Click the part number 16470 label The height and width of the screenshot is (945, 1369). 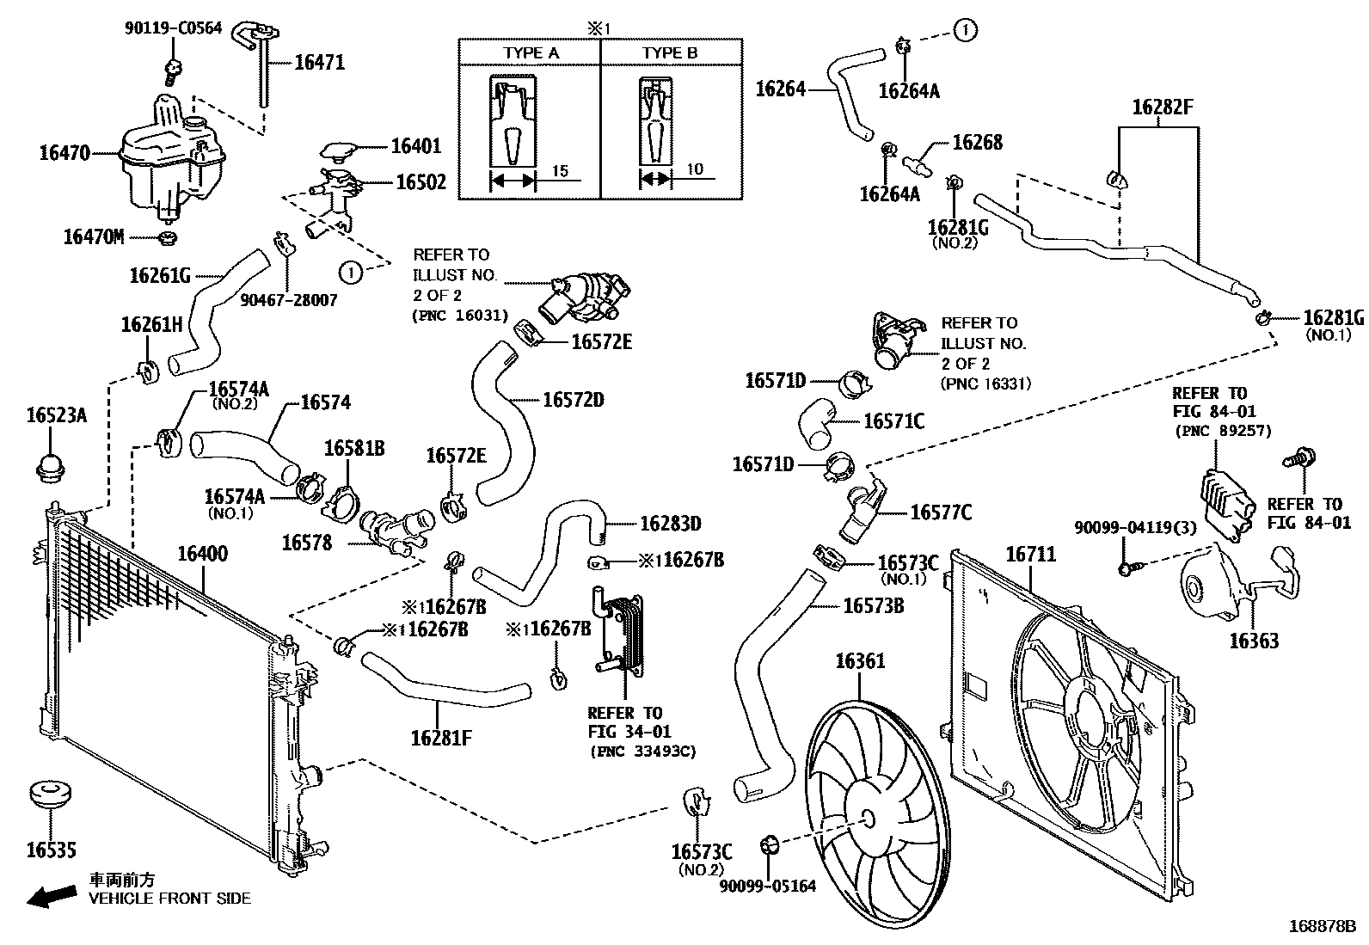pyautogui.click(x=64, y=154)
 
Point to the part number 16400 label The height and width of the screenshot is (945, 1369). pyautogui.click(x=203, y=554)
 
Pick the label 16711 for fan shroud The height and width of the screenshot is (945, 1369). pyautogui.click(x=1030, y=555)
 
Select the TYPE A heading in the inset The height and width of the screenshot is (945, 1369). pyautogui.click(x=531, y=53)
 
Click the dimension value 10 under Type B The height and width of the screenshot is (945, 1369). pyautogui.click(x=695, y=169)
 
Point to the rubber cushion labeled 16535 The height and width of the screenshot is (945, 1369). pyautogui.click(x=50, y=796)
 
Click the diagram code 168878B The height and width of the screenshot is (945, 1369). pyautogui.click(x=1321, y=928)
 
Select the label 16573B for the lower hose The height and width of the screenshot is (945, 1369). pyautogui.click(x=873, y=606)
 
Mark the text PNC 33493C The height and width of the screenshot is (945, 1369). pyautogui.click(x=643, y=752)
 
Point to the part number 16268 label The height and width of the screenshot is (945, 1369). pyautogui.click(x=977, y=142)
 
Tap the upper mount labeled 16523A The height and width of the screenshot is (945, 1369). pyautogui.click(x=51, y=467)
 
